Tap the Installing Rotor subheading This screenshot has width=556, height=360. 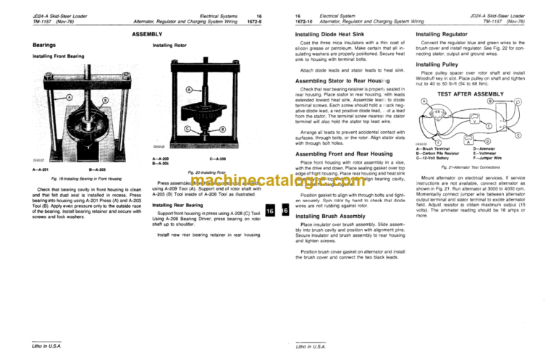(172, 45)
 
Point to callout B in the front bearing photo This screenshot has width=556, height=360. (105, 101)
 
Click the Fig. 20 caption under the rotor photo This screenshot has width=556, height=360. (207, 172)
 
